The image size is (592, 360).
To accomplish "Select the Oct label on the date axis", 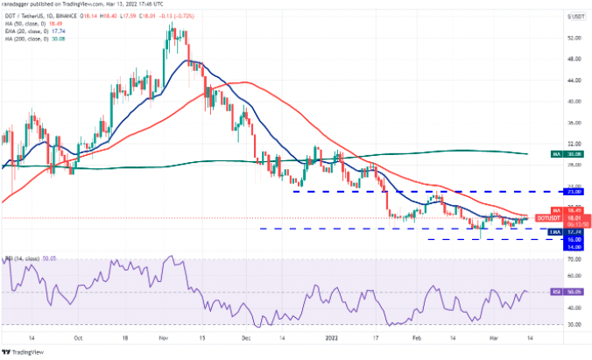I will [80, 335].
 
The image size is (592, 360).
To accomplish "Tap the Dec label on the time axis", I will [247, 335].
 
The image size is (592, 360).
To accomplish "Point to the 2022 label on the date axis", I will [334, 335].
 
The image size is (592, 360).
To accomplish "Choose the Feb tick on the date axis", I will [418, 335].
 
